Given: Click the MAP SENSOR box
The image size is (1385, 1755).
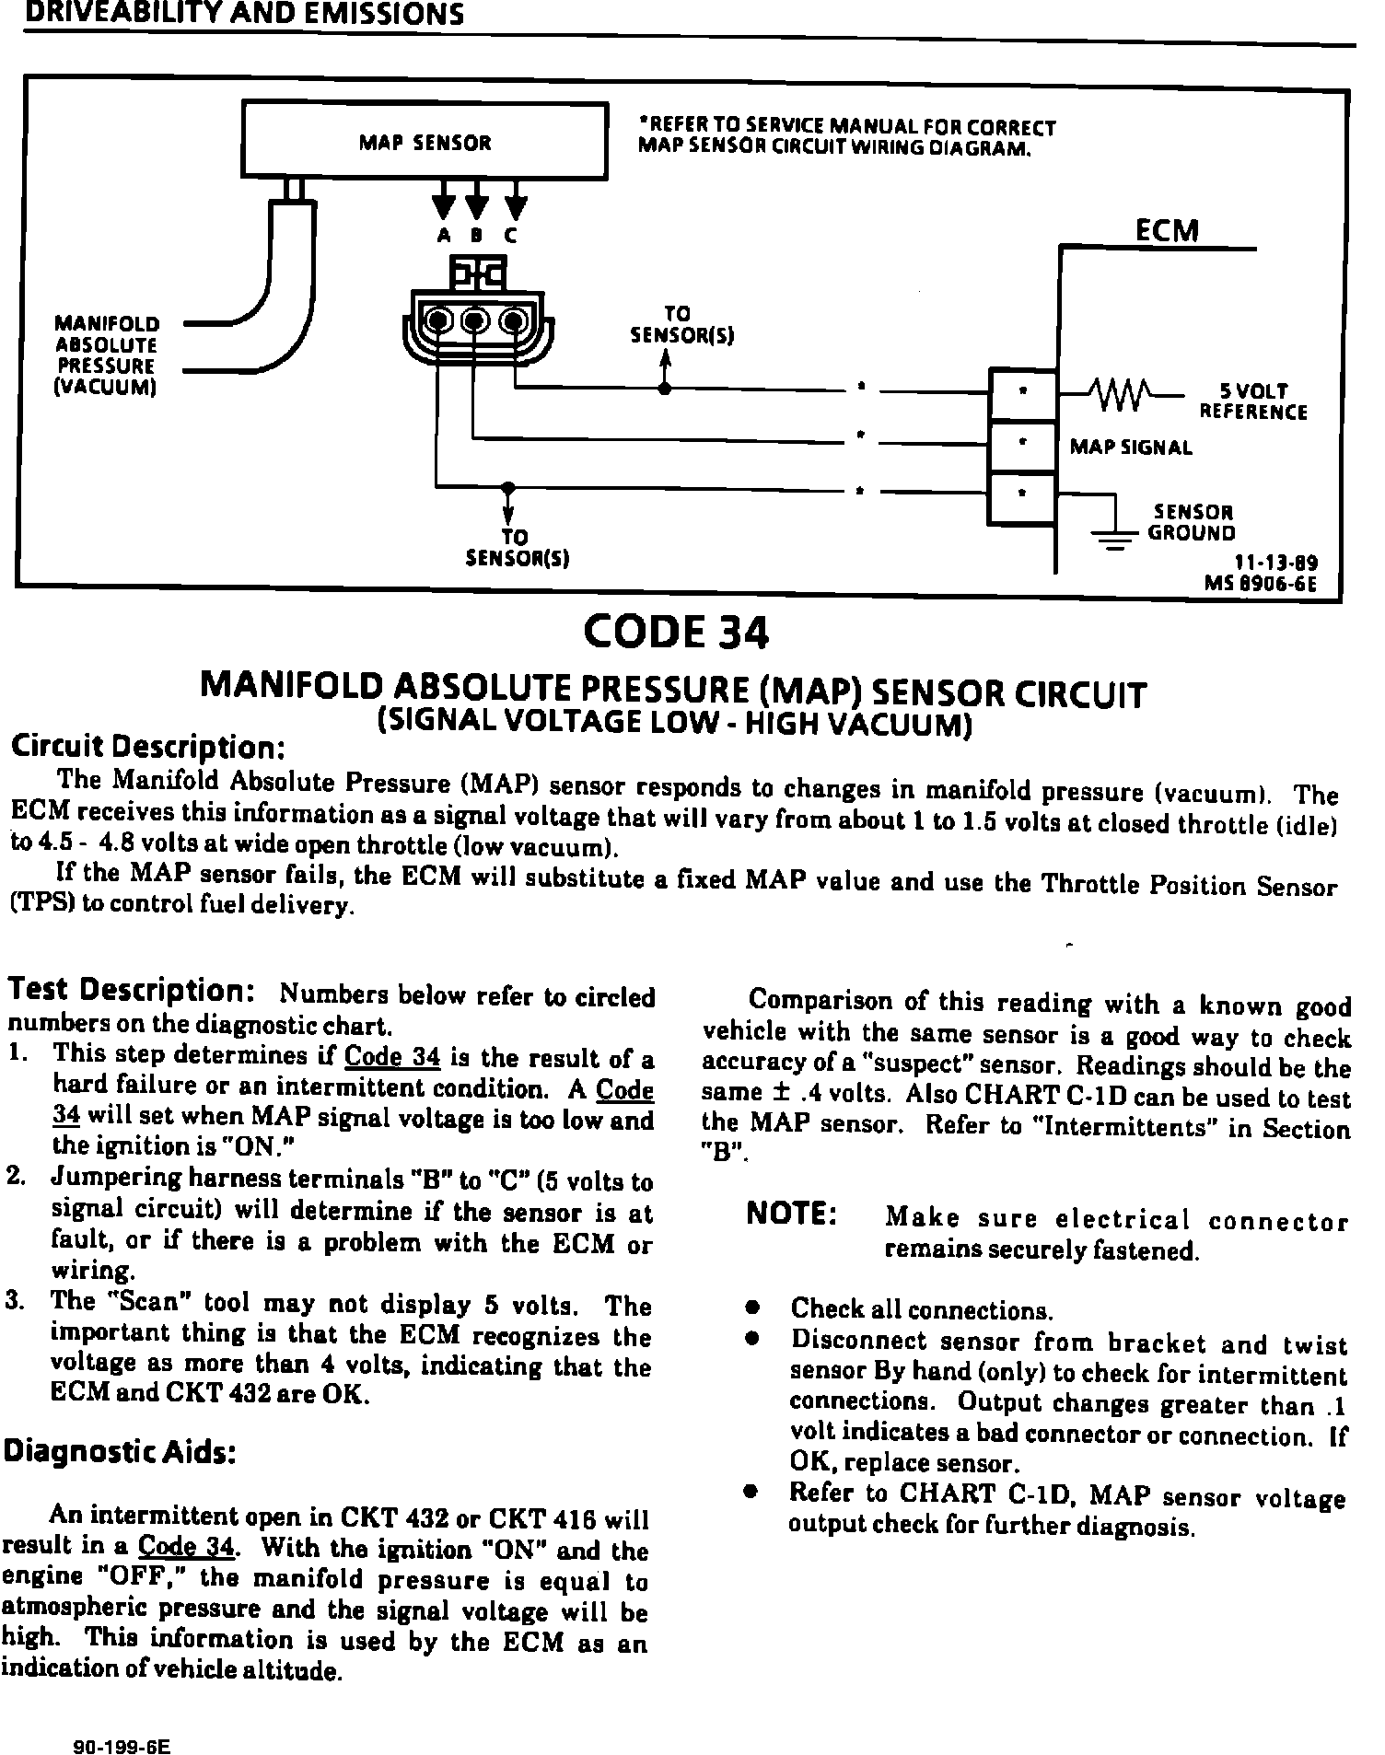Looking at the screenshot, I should point(424,141).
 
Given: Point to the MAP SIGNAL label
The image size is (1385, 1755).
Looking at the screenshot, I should point(1131,447).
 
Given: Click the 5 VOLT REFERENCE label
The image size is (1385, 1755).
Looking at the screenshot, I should point(1252,401).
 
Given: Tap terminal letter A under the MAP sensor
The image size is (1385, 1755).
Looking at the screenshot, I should point(444,236).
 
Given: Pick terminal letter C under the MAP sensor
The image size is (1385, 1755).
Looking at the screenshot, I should point(511,236).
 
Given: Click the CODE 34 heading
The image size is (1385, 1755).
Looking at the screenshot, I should point(676,632).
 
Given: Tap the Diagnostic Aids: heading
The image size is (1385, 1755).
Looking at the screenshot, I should point(121,1452).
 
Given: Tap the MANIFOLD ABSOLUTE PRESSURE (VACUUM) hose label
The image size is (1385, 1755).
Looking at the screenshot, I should point(107,355).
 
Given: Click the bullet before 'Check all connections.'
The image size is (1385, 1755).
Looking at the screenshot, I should point(752,1308).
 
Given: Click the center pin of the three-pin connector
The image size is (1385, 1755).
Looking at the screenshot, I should point(474,320).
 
